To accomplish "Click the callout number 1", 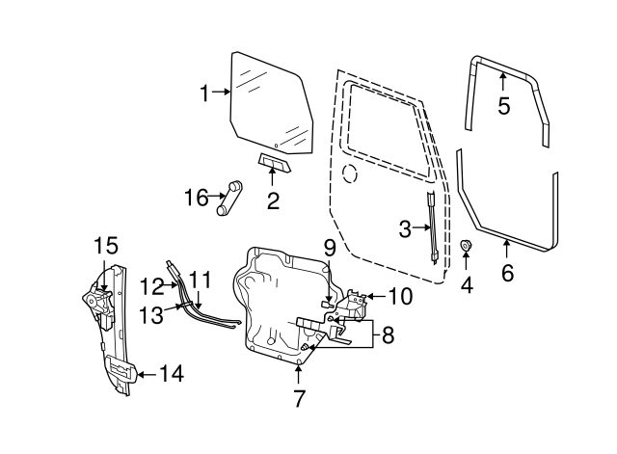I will click(204, 93).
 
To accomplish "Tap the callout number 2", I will click(273, 201).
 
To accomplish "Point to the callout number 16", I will click(196, 198).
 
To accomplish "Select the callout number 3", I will click(405, 228).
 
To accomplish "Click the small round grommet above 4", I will click(468, 249).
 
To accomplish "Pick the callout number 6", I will click(507, 273).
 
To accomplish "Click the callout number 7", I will click(299, 397).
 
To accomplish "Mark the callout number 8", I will click(388, 335).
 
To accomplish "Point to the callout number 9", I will click(329, 248).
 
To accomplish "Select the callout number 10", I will click(400, 295).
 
